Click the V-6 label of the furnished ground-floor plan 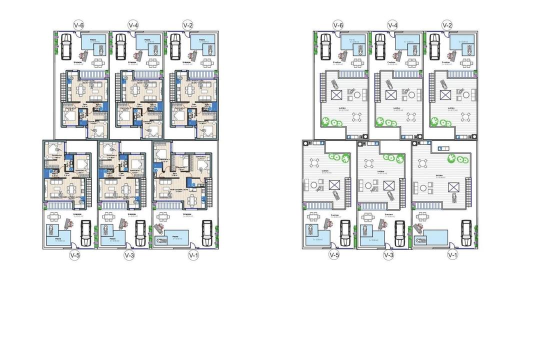point(78,24)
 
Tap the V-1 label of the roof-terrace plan point(452,255)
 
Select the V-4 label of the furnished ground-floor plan point(133,24)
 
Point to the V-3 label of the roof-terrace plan point(388,255)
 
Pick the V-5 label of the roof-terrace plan point(334,255)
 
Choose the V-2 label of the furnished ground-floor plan point(187,24)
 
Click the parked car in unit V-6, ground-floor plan point(65,46)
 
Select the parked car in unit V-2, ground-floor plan point(175,46)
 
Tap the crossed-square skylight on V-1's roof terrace point(453,186)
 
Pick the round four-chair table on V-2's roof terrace point(466,117)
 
